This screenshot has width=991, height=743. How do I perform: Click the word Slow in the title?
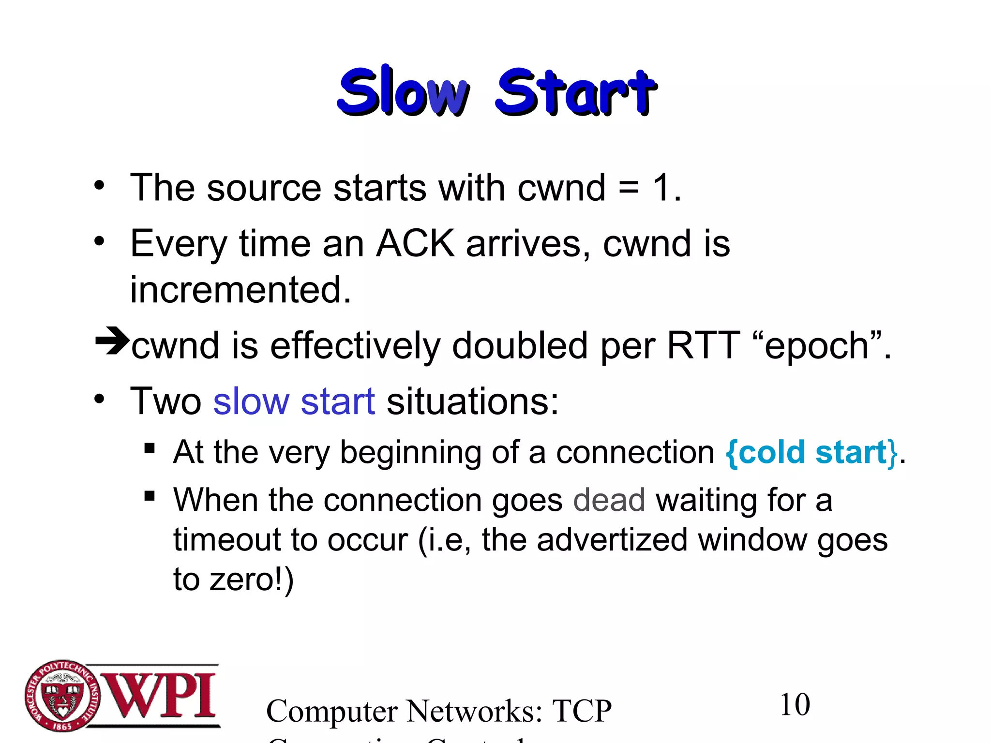click(x=403, y=92)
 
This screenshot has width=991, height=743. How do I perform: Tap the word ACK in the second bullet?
click(x=415, y=243)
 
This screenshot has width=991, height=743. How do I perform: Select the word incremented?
click(x=240, y=290)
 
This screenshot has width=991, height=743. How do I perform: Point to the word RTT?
click(x=703, y=345)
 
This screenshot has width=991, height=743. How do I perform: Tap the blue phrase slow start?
click(x=294, y=401)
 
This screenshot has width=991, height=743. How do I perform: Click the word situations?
click(x=472, y=401)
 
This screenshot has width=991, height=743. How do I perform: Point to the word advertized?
click(x=612, y=539)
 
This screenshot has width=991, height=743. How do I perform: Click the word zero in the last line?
click(x=242, y=580)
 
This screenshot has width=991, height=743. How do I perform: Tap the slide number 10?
click(x=795, y=705)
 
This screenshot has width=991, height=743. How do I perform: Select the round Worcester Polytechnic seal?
click(x=62, y=696)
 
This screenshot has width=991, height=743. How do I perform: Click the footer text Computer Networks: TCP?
click(x=438, y=711)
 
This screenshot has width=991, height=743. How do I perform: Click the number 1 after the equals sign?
click(x=661, y=188)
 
